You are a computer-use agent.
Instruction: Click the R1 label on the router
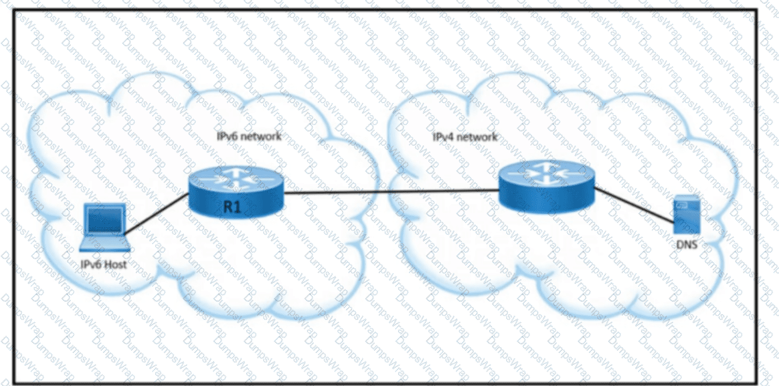pos(232,207)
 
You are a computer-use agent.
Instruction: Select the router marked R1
pos(236,192)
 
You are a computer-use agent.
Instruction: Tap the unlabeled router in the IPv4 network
pos(546,187)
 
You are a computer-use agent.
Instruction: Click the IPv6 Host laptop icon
pos(104,227)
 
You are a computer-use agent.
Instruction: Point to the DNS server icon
pos(686,215)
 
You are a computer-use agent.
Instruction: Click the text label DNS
pos(687,244)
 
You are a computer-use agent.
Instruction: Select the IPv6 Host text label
pos(103,265)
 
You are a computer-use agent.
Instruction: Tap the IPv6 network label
pos(249,136)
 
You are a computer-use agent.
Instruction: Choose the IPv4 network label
pos(465,136)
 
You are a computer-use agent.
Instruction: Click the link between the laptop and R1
pos(157,213)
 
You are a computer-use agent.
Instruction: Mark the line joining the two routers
pos(391,191)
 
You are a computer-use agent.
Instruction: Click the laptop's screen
pos(105,219)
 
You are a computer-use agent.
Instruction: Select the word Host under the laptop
pos(116,265)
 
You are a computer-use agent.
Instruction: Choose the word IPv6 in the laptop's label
pos(91,265)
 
